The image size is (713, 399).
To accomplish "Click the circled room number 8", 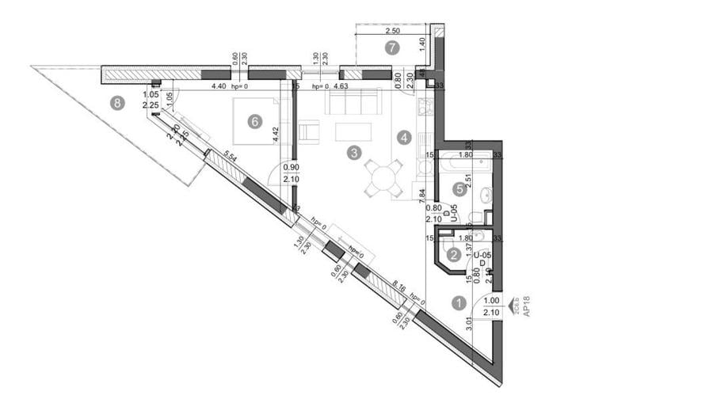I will click(x=118, y=102).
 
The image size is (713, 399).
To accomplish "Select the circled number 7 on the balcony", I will click(x=390, y=47).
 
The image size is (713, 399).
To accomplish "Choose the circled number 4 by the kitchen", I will click(x=459, y=188).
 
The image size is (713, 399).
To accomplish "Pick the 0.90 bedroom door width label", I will click(x=292, y=167).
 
